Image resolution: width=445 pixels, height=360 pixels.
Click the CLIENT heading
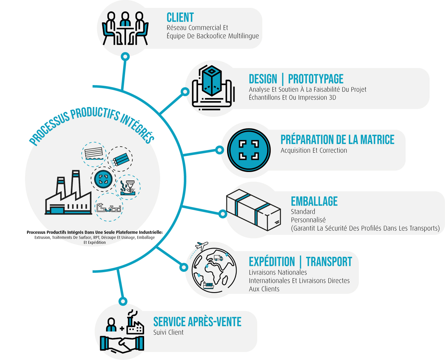(x=180, y=18)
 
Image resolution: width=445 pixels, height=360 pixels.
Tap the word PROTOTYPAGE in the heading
(x=316, y=79)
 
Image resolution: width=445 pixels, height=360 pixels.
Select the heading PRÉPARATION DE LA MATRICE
(x=337, y=140)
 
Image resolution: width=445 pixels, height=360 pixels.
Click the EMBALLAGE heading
(x=314, y=201)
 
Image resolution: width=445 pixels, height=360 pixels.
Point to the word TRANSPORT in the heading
(x=329, y=262)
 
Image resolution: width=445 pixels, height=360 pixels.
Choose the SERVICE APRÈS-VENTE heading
(x=197, y=322)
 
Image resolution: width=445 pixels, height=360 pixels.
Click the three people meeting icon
(x=125, y=28)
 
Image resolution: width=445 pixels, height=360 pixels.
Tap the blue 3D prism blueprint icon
(x=212, y=81)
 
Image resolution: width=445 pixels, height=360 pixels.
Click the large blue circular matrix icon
(x=249, y=150)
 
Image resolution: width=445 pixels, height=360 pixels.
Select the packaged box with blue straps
(x=253, y=209)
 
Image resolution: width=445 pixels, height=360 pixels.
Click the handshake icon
(x=122, y=344)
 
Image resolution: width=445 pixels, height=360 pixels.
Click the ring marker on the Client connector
(x=125, y=56)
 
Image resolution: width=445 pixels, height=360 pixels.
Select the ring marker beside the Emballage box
(x=222, y=214)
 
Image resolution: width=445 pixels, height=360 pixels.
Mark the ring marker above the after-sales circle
(x=123, y=301)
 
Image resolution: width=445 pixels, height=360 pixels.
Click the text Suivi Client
(x=168, y=333)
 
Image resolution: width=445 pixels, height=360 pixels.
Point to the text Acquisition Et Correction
(x=314, y=151)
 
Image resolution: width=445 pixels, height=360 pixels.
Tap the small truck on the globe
(x=218, y=258)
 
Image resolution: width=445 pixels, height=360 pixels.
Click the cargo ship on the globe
(x=208, y=285)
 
